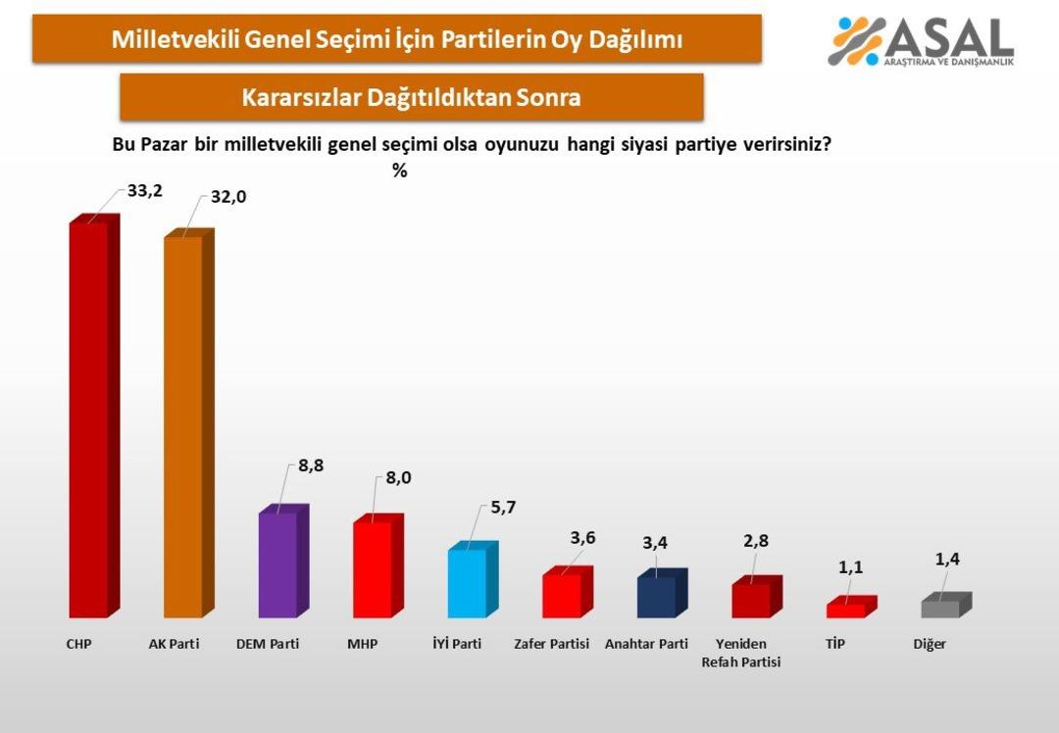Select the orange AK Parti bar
(182, 427)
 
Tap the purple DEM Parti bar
(277, 565)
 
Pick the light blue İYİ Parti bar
(467, 583)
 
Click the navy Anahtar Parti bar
(656, 597)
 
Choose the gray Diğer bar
(940, 609)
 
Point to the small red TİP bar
(845, 611)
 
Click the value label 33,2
(144, 191)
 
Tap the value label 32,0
(227, 197)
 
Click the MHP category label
(362, 645)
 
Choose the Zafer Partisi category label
(552, 645)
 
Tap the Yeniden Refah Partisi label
(741, 653)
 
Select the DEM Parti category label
(268, 645)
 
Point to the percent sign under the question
(399, 170)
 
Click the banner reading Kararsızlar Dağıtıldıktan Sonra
(411, 97)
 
